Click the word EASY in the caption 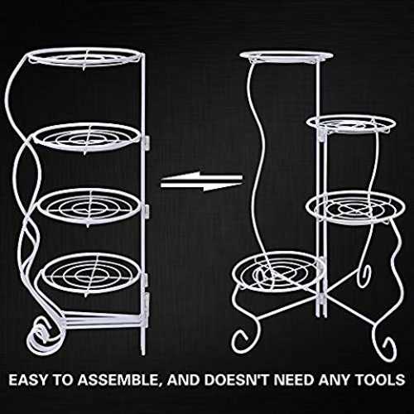point(28,380)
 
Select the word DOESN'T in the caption point(237,380)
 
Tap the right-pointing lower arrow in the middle point(201,186)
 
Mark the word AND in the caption point(184,380)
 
